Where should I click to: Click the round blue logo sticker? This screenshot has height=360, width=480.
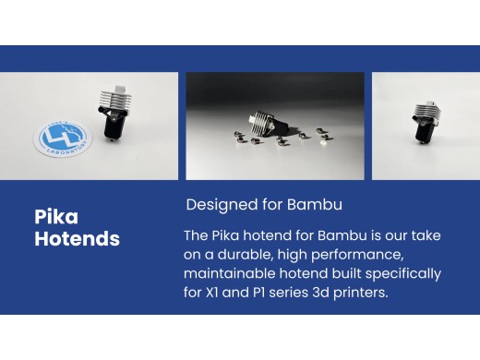pyautogui.click(x=64, y=141)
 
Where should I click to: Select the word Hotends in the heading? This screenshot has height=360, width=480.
pyautogui.click(x=77, y=239)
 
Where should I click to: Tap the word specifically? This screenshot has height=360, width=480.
pyautogui.click(x=398, y=274)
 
